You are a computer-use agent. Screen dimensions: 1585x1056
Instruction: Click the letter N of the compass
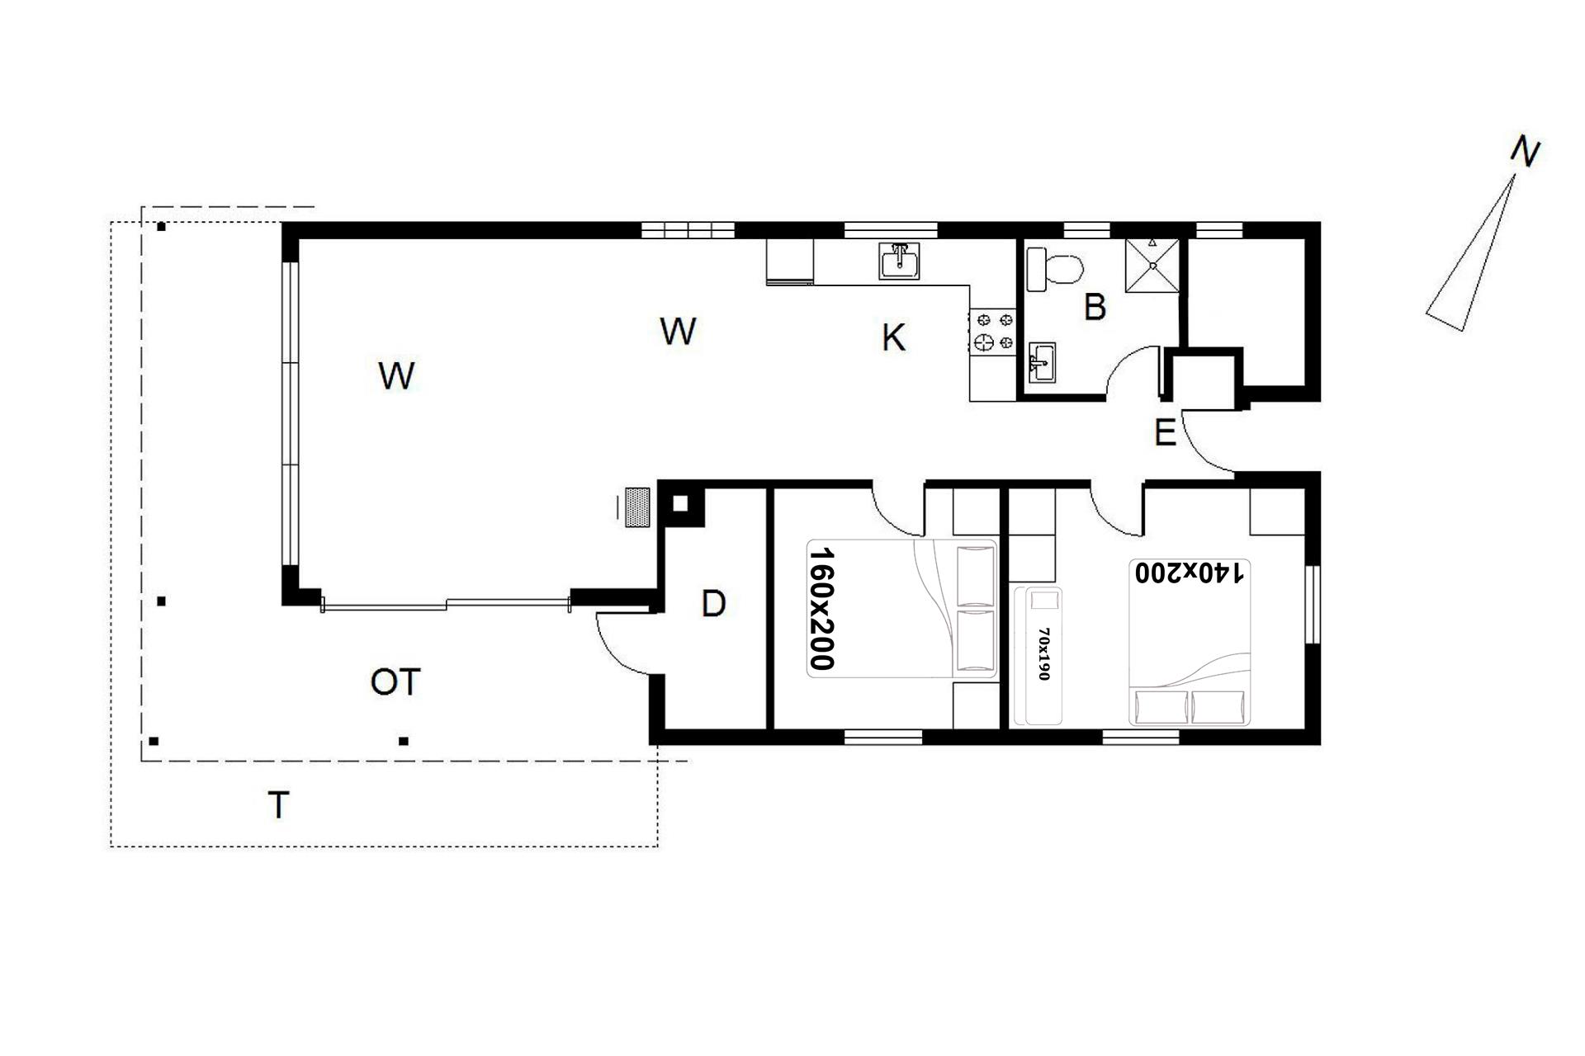click(x=1526, y=152)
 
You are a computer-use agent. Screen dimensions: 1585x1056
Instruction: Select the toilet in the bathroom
click(x=1054, y=269)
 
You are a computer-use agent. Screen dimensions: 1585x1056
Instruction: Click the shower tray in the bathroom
click(x=1152, y=265)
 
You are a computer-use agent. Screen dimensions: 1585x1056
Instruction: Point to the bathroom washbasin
click(x=1042, y=363)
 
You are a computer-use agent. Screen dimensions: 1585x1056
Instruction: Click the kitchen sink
click(x=899, y=261)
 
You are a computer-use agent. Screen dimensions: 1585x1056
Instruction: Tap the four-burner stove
click(x=993, y=330)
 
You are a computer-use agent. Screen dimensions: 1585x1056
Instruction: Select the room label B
click(x=1095, y=307)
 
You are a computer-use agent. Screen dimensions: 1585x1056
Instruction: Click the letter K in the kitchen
click(x=893, y=337)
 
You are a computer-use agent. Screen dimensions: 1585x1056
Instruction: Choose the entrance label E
click(x=1165, y=433)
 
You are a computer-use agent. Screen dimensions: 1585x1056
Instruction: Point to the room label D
click(x=713, y=604)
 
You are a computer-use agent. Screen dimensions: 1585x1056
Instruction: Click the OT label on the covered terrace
click(x=395, y=682)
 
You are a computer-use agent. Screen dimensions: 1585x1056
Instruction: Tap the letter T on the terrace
click(x=279, y=804)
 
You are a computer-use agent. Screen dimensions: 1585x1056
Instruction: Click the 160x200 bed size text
click(x=822, y=608)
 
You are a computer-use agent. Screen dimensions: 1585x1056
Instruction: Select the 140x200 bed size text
click(x=1189, y=573)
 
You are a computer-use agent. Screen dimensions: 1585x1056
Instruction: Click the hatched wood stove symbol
click(x=636, y=507)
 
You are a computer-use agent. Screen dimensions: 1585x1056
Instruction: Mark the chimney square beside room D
click(x=680, y=503)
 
